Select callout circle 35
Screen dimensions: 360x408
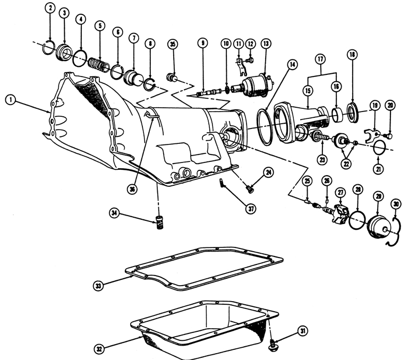(x=172, y=44)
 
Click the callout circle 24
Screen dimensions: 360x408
(x=269, y=172)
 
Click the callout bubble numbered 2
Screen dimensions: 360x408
(x=49, y=8)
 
